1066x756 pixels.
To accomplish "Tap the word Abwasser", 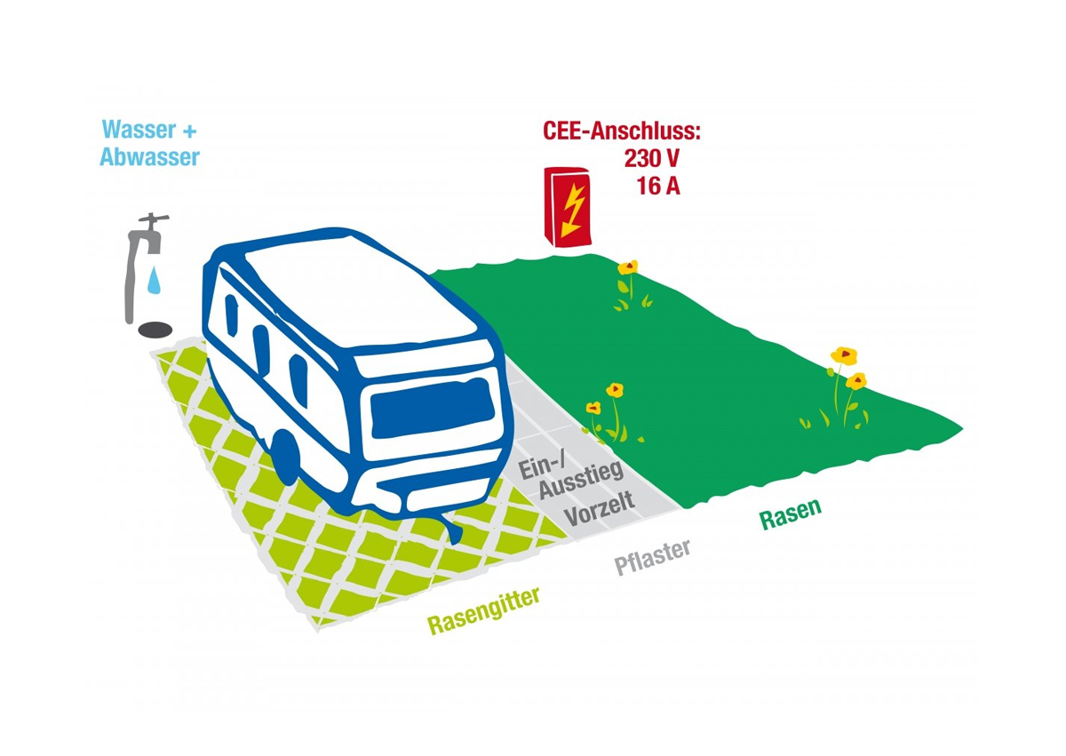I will pyautogui.click(x=150, y=157).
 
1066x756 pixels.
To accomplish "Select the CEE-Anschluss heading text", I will pyautogui.click(x=622, y=132).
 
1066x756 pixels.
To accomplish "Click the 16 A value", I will pyautogui.click(x=658, y=187).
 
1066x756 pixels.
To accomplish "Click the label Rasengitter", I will pyautogui.click(x=484, y=610).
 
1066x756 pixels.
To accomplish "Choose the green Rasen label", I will pyautogui.click(x=790, y=513).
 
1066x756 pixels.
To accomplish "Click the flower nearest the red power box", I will pyautogui.click(x=628, y=267).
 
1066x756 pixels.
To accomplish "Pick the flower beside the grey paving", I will pyautogui.click(x=613, y=391).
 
